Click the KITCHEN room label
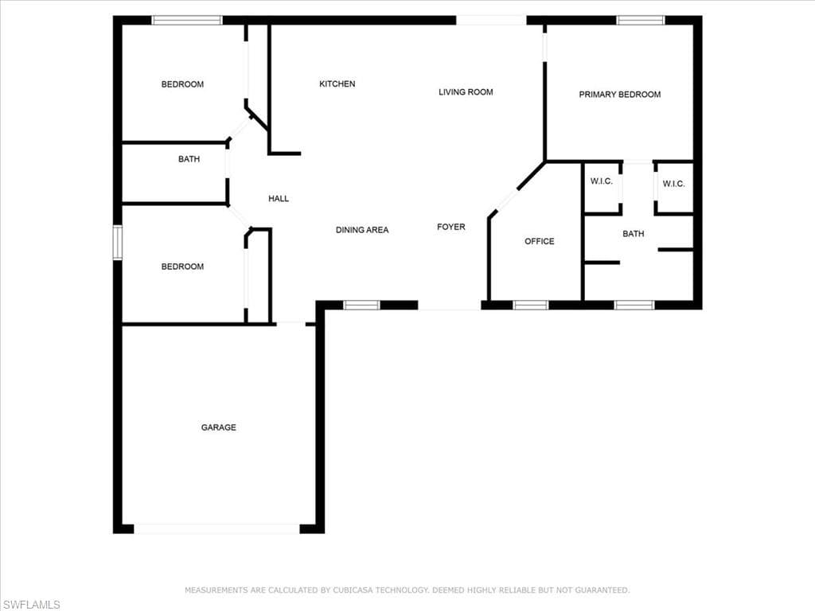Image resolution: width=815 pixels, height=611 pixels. tap(337, 84)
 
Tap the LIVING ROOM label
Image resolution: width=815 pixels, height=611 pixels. tap(466, 92)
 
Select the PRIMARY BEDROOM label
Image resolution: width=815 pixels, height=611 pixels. tap(619, 94)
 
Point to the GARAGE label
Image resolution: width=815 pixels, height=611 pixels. tap(218, 427)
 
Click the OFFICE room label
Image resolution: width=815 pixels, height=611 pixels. tap(539, 241)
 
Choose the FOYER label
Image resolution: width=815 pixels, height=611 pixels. tap(451, 227)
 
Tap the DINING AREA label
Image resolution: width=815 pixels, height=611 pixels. tap(362, 230)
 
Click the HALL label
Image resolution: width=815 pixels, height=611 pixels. tap(279, 198)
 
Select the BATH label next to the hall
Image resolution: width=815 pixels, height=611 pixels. tap(189, 159)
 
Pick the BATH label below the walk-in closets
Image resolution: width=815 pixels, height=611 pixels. tap(633, 234)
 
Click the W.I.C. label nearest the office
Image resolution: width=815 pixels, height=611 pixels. tap(602, 181)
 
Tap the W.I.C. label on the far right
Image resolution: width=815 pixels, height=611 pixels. tap(673, 184)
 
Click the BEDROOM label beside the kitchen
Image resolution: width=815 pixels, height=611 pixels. tap(182, 84)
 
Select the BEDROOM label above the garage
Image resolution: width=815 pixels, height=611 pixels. tap(182, 267)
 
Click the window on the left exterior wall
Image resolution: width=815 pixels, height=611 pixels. tap(118, 242)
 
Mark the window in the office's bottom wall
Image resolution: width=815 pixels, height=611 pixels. tap(530, 305)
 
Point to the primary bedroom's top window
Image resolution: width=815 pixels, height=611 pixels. tap(641, 20)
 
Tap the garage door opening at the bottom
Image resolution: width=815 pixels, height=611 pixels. tap(216, 529)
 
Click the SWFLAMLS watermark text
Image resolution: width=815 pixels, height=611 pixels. tap(31, 605)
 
